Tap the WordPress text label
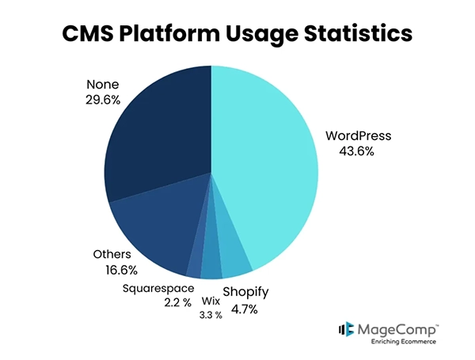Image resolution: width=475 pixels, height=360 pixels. point(359,135)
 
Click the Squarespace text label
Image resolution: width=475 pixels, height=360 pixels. point(158,288)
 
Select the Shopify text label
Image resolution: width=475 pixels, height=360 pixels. point(245,293)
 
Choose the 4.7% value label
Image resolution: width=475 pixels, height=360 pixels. point(245,309)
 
